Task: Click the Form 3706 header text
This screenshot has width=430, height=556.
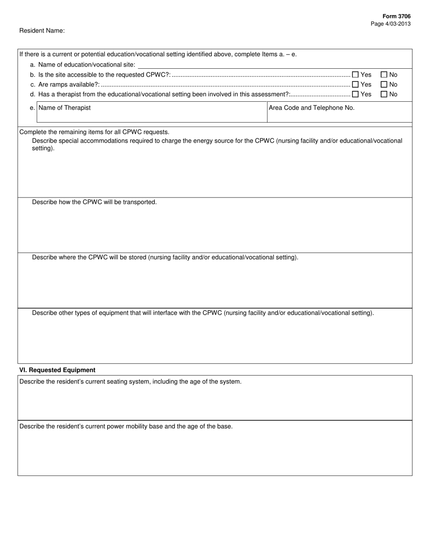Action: pyautogui.click(x=398, y=16)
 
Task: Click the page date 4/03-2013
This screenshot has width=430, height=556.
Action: pyautogui.click(x=391, y=24)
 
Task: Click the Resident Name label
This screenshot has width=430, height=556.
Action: pyautogui.click(x=42, y=31)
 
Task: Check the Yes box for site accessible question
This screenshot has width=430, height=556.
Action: pyautogui.click(x=355, y=75)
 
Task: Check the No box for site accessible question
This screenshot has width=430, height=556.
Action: pyautogui.click(x=384, y=75)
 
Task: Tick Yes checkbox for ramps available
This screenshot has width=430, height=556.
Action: pyautogui.click(x=355, y=85)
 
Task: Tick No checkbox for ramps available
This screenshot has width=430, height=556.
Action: pyautogui.click(x=384, y=85)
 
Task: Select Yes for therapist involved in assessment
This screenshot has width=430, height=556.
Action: pyautogui.click(x=355, y=94)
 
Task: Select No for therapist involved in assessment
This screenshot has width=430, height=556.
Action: pyautogui.click(x=384, y=94)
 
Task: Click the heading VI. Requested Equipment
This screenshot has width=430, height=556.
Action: pyautogui.click(x=57, y=370)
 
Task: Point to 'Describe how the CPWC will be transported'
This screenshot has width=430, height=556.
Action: pyautogui.click(x=94, y=202)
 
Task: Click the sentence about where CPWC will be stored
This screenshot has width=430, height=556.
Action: pyautogui.click(x=165, y=257)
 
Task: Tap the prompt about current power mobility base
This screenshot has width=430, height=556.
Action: pyautogui.click(x=126, y=426)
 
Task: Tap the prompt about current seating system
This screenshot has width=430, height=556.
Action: pyautogui.click(x=130, y=382)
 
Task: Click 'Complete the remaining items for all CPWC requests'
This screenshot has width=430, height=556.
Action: pyautogui.click(x=94, y=132)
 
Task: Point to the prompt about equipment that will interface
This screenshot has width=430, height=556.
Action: pyautogui.click(x=203, y=313)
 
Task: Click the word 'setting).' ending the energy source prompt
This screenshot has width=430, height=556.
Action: pyautogui.click(x=43, y=148)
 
